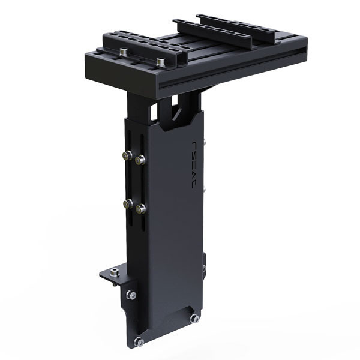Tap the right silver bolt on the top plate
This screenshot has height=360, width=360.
(160, 61)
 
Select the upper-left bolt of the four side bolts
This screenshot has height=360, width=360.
(127, 155)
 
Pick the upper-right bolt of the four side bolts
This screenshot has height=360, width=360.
(141, 160)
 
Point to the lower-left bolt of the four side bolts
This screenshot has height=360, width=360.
(127, 204)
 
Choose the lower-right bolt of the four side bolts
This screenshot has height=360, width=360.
(141, 209)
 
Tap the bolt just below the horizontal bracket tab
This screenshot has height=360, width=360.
(131, 295)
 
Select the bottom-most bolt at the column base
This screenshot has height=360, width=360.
(139, 341)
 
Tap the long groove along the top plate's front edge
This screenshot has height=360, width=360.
(234, 69)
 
